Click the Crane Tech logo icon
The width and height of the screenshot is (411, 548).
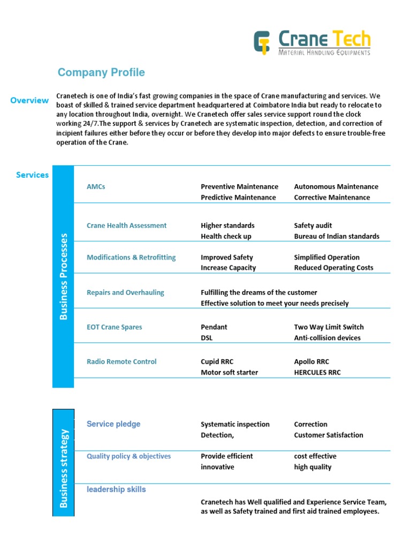click(x=262, y=43)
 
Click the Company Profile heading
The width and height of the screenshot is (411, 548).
click(x=101, y=72)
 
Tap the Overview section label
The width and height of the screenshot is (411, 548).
click(x=29, y=100)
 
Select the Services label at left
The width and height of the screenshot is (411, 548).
click(x=32, y=175)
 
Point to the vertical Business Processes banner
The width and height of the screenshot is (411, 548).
click(x=63, y=276)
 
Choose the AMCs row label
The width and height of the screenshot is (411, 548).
click(x=96, y=187)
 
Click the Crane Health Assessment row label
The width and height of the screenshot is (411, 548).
click(x=126, y=225)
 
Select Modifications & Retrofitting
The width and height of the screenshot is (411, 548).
click(x=131, y=257)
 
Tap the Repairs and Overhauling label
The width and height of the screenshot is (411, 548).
click(x=125, y=293)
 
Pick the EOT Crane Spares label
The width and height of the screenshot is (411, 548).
click(x=114, y=327)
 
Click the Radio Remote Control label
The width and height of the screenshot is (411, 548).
click(x=121, y=362)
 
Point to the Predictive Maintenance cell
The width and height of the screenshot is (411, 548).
click(x=238, y=197)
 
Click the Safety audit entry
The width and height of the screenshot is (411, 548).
click(x=313, y=225)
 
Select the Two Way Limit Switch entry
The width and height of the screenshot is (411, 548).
click(x=329, y=327)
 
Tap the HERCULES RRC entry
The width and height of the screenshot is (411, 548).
click(x=317, y=372)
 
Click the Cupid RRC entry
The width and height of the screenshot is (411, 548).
click(x=217, y=362)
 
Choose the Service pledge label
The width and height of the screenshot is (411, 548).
click(x=113, y=424)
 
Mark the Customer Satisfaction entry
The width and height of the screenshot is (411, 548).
click(x=328, y=435)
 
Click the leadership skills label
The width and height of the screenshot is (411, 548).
click(x=116, y=489)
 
